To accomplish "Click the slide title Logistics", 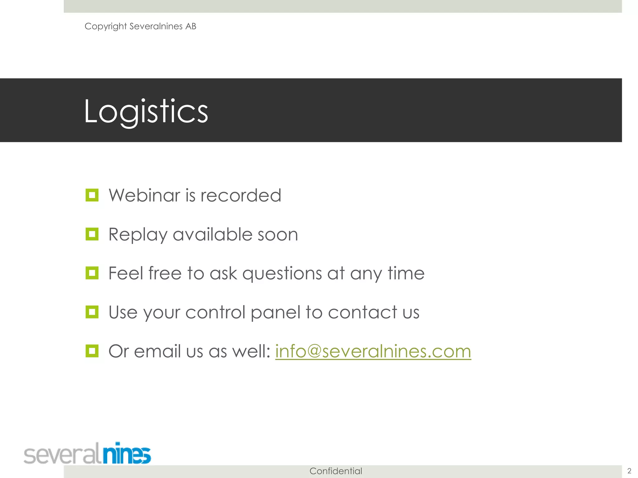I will [146, 111].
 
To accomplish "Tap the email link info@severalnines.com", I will [373, 351].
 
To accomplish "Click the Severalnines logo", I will [87, 453].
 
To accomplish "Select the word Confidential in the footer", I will [336, 471].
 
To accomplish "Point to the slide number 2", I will [629, 471].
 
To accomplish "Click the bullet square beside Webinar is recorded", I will [92, 195].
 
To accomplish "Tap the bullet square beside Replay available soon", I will [92, 234].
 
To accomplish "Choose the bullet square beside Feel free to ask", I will [92, 273].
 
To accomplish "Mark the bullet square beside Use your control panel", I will [92, 312].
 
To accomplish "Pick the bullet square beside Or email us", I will [92, 351].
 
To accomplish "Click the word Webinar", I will [145, 195].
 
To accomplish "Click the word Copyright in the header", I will [105, 26].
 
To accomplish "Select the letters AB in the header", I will [191, 26].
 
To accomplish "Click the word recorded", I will [241, 195].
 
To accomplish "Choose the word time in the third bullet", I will [406, 273].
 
